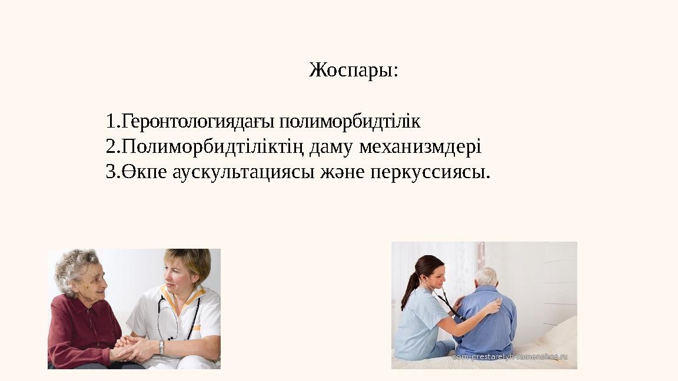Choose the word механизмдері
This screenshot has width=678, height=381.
click(420, 146)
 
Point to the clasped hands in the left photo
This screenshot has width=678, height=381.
click(127, 349)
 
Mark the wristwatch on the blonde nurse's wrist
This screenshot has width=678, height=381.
click(161, 348)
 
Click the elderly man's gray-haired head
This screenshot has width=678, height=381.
click(486, 276)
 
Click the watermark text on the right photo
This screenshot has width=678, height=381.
click(510, 357)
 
